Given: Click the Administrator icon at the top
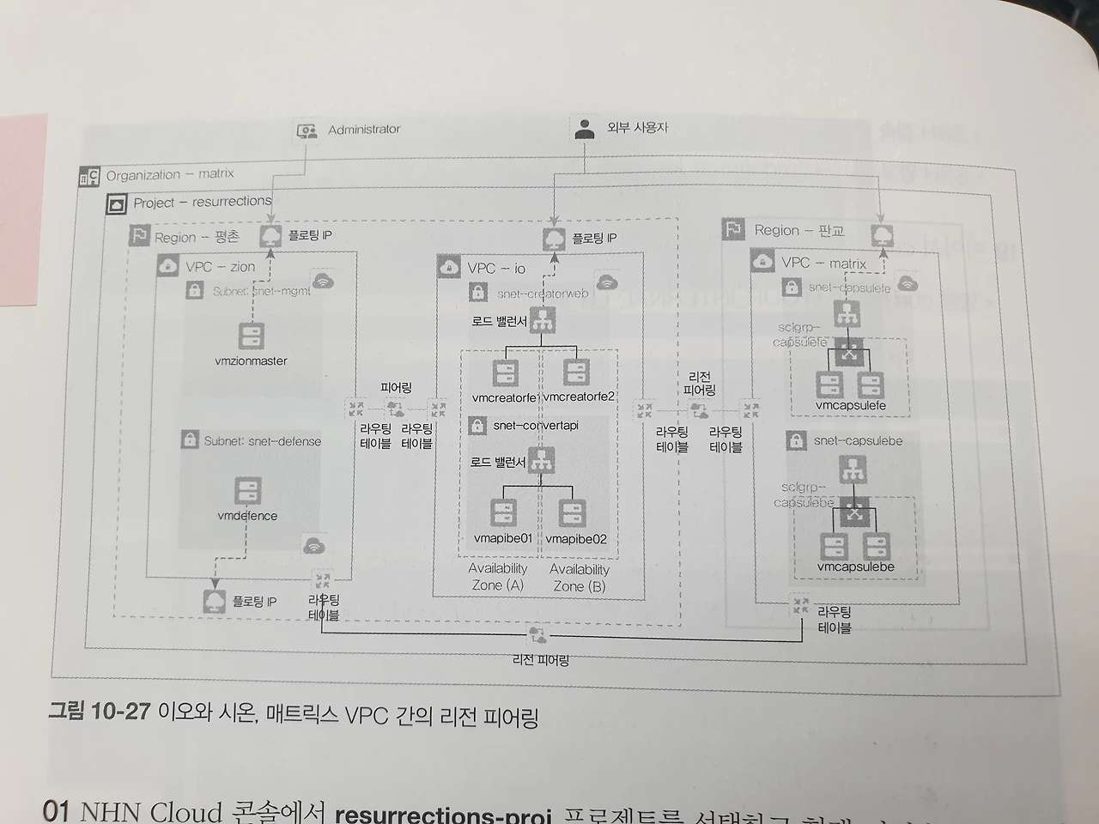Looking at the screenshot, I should (307, 131).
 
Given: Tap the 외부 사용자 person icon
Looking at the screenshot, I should (586, 129).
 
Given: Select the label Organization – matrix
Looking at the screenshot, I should (170, 174).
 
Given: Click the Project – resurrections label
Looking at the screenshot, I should (202, 203).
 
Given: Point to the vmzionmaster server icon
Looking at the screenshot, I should (251, 335).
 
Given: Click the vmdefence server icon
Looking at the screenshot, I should (247, 491).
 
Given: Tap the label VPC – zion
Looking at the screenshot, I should (220, 267).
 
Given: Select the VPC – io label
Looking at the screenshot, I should (496, 269).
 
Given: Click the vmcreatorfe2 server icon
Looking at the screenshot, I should (576, 373).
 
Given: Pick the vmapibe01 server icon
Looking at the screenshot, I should (503, 512).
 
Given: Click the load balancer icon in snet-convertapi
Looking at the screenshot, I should (541, 461).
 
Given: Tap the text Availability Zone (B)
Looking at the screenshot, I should (579, 577).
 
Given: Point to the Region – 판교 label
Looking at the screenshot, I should (798, 230).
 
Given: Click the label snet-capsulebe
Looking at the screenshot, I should (858, 441).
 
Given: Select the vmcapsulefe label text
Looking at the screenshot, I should (850, 405).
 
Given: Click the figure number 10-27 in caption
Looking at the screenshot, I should (120, 712).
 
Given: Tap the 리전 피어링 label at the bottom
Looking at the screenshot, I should (540, 660).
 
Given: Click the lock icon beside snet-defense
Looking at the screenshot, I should (190, 440).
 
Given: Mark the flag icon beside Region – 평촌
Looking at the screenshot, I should (139, 236).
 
